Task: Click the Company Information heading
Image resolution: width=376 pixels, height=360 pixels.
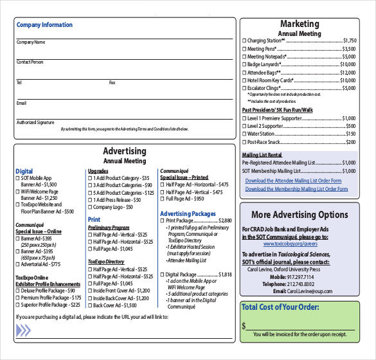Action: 44,25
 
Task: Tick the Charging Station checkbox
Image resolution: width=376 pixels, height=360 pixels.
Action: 244,40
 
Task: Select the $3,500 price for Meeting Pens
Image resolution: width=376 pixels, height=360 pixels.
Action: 349,49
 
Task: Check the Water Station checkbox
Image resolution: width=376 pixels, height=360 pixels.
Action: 244,134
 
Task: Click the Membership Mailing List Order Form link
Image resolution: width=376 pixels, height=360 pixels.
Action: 297,189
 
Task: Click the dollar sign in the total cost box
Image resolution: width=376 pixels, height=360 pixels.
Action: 244,326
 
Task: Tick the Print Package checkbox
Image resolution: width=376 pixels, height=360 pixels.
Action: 162,221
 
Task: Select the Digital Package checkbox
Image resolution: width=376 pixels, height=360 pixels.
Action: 162,274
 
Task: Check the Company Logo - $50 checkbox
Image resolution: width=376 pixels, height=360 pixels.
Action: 90,208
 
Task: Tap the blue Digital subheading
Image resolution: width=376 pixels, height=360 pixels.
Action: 24,172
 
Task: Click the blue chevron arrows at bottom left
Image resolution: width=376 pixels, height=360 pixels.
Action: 24,330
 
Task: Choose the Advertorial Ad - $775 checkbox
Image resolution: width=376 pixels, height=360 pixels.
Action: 18,264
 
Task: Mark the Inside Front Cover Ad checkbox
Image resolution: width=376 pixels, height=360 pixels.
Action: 90,291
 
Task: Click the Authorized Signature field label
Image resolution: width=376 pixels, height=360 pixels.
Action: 35,122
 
